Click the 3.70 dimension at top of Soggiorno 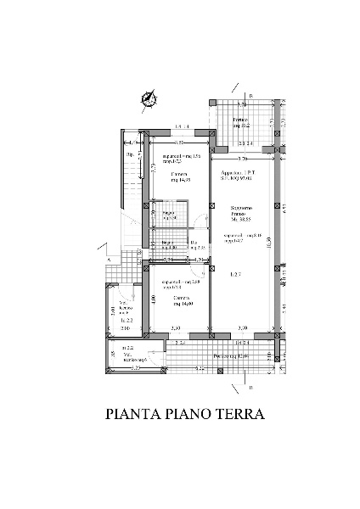[241, 159]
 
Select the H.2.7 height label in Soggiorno [237, 274]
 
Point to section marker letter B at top [250, 95]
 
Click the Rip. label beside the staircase [130, 156]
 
